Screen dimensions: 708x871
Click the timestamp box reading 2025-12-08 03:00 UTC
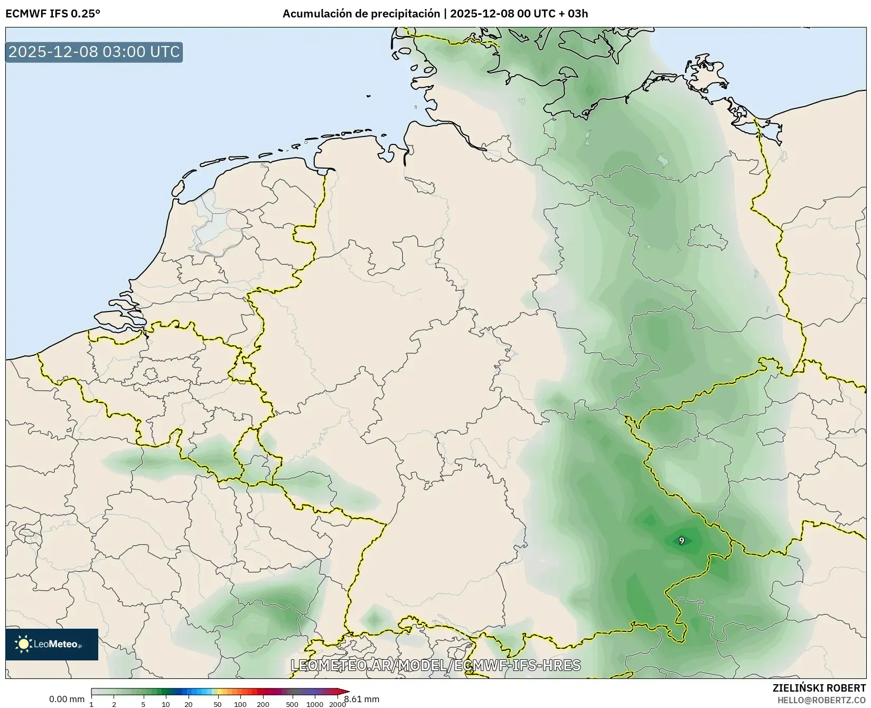click(x=94, y=52)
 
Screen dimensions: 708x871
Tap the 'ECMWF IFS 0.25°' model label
click(x=52, y=14)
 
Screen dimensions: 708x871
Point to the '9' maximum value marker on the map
click(x=681, y=540)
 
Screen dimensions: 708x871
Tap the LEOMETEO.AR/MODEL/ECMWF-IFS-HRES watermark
click(x=436, y=665)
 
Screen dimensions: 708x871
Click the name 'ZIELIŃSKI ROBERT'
click(x=819, y=688)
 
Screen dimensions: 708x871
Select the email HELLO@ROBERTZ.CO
click(x=821, y=700)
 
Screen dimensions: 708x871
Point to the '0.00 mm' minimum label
click(x=67, y=699)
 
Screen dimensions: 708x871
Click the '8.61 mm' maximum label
click(x=361, y=699)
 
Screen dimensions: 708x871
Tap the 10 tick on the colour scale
click(x=166, y=704)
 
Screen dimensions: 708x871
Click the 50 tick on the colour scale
click(x=218, y=704)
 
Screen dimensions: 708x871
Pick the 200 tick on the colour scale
click(x=263, y=704)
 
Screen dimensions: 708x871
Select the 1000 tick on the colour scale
click(x=315, y=704)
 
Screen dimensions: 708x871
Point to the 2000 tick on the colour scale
click(x=338, y=704)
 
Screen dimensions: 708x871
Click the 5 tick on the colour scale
click(x=143, y=704)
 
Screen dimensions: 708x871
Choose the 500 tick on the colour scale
click(x=292, y=704)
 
